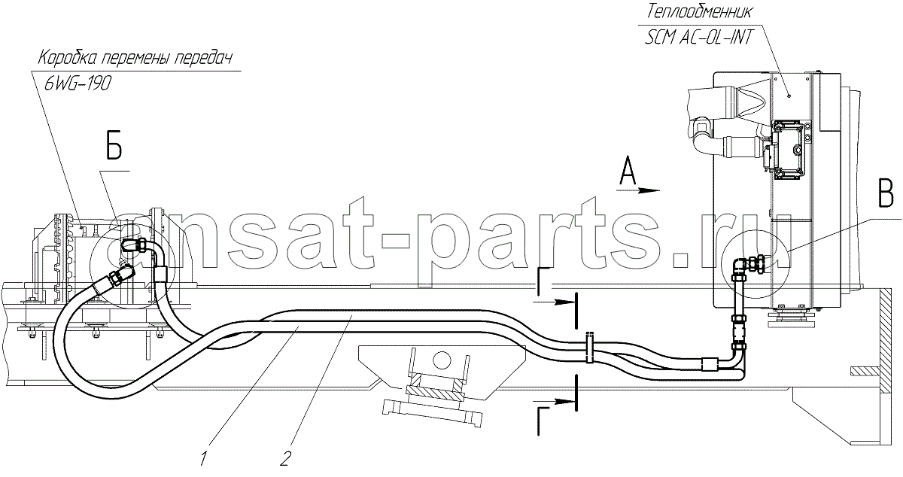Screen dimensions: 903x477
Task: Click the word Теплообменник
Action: click(699, 12)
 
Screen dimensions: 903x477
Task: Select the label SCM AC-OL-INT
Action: click(698, 38)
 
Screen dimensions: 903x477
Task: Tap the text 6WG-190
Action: click(78, 84)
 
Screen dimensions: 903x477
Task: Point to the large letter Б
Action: click(114, 148)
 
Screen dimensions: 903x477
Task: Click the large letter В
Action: click(887, 196)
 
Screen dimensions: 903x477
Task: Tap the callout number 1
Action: click(204, 458)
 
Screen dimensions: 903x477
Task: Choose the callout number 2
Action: click(285, 458)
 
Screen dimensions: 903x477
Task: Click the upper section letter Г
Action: click(544, 278)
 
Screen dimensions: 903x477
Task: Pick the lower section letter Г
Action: click(544, 421)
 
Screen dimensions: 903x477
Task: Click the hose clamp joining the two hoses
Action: click(589, 348)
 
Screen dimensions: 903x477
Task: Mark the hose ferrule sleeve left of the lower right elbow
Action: click(709, 364)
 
